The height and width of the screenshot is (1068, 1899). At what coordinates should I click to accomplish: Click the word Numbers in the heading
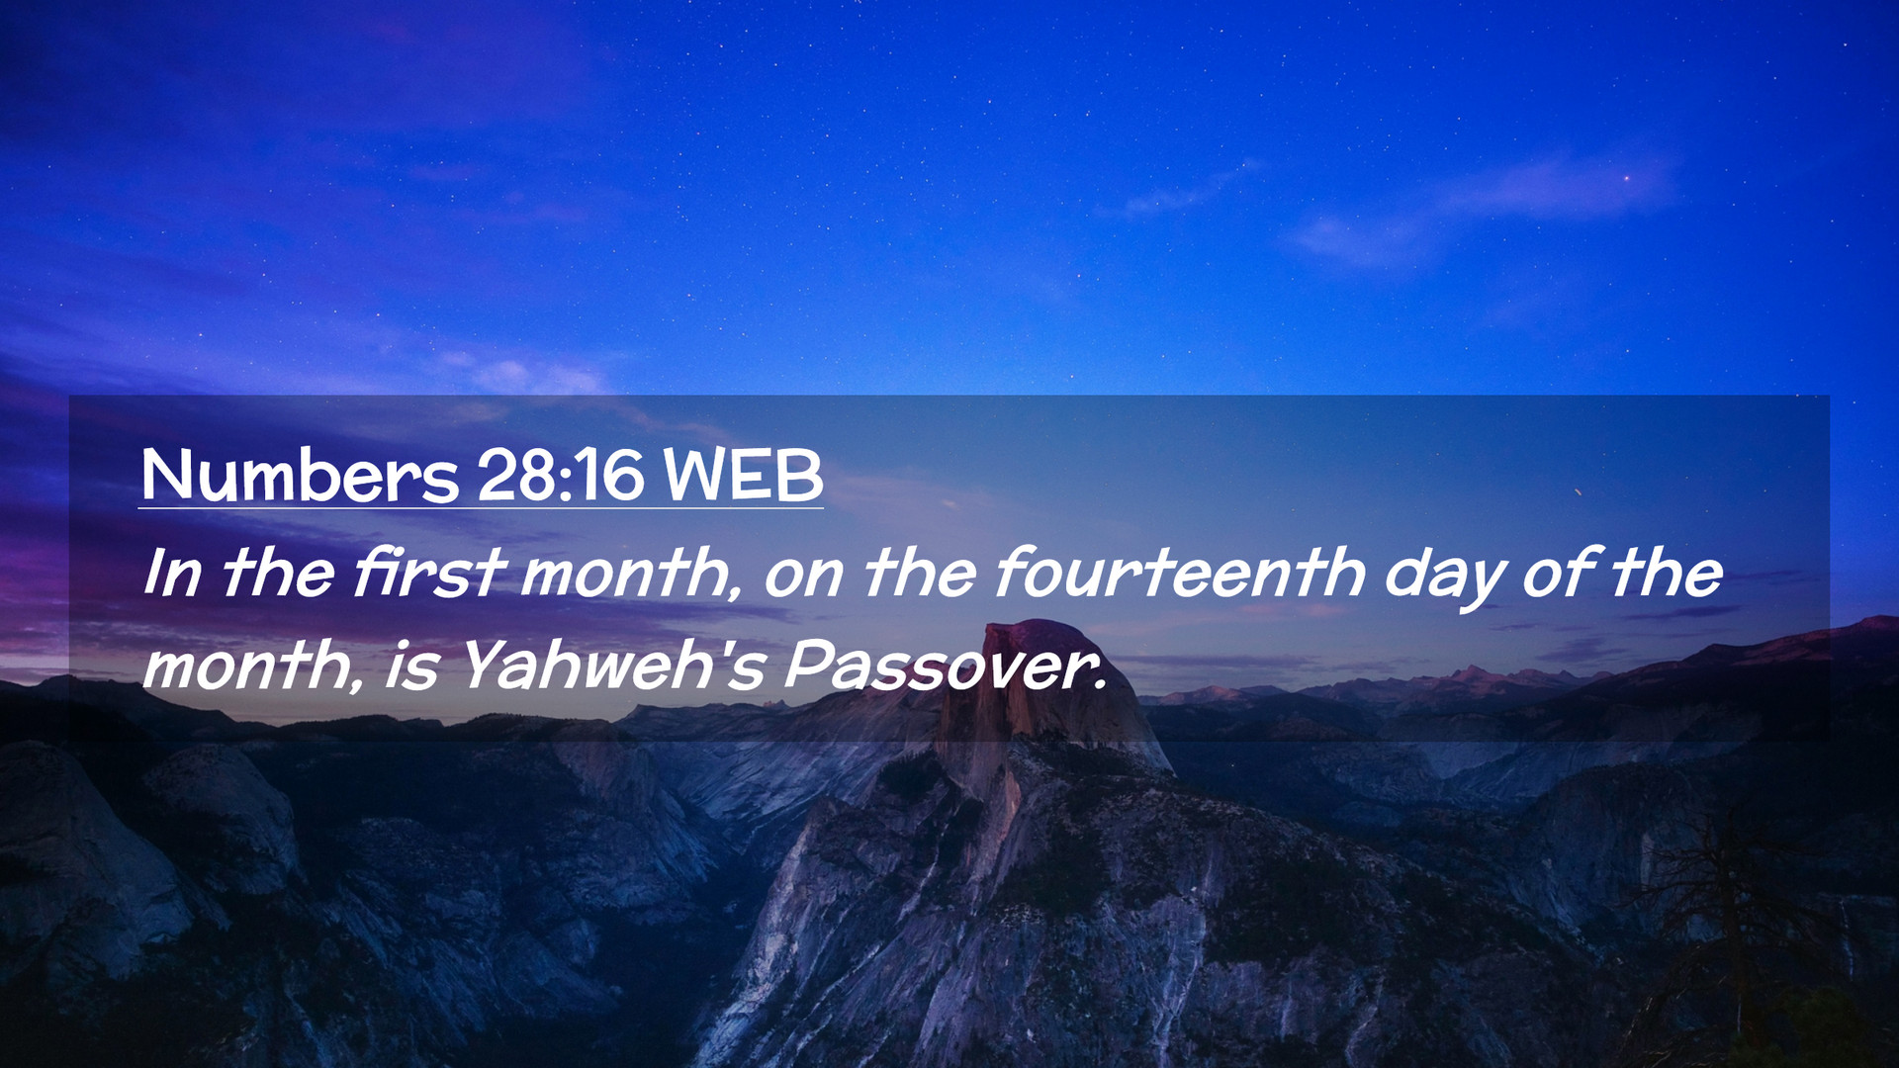(300, 476)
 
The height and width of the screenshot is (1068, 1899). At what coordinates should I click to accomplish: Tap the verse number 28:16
(561, 476)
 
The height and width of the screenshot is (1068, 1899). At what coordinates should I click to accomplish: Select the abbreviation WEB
(743, 476)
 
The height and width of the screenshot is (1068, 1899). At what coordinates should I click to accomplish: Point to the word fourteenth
(1181, 573)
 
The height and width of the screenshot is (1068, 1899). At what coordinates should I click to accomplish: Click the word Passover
(945, 666)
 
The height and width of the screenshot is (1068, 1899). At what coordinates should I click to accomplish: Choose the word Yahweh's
(613, 666)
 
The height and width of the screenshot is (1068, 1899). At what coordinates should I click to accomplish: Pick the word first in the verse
(429, 573)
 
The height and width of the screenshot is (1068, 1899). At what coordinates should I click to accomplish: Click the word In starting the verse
(172, 573)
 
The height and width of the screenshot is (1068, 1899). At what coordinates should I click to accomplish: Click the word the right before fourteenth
(920, 573)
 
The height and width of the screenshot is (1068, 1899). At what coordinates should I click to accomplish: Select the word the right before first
(277, 573)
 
